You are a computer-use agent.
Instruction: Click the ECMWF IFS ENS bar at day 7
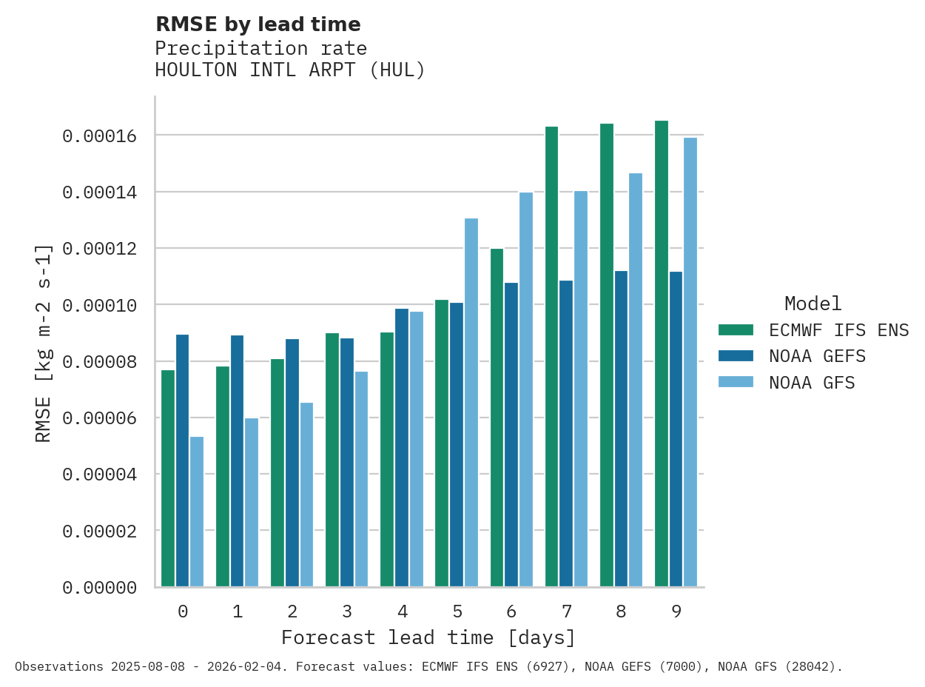[552, 356]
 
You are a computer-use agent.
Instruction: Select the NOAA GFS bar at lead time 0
[197, 512]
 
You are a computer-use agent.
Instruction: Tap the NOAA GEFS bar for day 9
[676, 429]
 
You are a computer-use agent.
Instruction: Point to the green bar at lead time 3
[332, 460]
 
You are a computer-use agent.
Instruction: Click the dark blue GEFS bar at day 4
[402, 447]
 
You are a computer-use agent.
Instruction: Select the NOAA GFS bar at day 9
[690, 362]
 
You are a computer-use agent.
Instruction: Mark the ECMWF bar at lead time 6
[497, 418]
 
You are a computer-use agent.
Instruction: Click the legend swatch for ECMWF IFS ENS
[736, 330]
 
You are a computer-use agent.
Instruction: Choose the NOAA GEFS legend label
[817, 356]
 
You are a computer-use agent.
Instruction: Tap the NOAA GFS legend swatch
[736, 383]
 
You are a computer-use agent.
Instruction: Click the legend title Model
[813, 304]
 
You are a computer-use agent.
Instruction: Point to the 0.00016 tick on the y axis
[99, 136]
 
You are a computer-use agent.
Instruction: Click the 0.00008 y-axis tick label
[99, 362]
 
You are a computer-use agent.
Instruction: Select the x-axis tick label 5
[457, 611]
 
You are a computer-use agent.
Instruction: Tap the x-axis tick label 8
[621, 611]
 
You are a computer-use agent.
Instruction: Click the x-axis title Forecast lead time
[428, 637]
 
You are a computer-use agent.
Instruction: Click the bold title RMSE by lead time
[258, 24]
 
